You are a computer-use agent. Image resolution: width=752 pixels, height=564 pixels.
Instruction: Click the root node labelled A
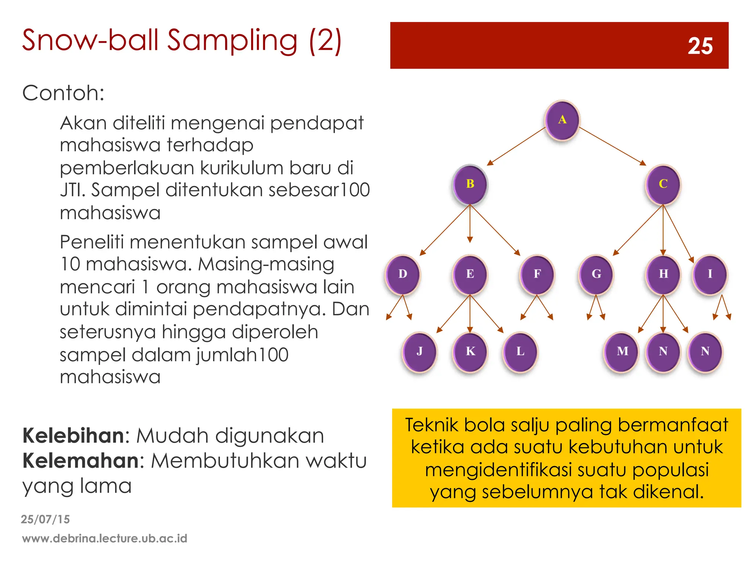(562, 120)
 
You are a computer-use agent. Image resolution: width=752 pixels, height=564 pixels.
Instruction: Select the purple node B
(470, 184)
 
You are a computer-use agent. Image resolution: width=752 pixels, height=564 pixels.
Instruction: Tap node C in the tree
(663, 184)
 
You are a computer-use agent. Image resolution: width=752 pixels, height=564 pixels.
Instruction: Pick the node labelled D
(403, 274)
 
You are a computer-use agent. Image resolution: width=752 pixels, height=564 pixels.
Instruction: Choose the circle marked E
(470, 274)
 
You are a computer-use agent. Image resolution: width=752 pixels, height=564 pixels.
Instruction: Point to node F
(537, 274)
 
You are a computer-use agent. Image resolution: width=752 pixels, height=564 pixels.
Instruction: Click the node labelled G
(596, 274)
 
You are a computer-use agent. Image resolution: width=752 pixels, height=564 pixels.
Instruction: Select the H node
(663, 274)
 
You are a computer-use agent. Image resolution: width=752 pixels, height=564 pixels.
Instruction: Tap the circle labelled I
(710, 274)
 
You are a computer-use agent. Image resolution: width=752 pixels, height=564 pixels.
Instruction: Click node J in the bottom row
(420, 352)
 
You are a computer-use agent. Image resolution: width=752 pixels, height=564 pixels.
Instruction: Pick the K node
(470, 352)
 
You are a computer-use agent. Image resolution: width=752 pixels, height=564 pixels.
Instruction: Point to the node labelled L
(520, 352)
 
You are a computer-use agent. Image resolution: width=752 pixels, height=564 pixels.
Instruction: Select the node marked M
(622, 352)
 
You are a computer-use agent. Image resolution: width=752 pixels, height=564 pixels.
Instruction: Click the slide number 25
(700, 46)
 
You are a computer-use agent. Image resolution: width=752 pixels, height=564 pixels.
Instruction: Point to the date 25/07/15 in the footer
(45, 519)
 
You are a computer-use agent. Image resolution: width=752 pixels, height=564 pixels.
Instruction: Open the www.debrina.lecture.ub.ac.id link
(105, 539)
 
